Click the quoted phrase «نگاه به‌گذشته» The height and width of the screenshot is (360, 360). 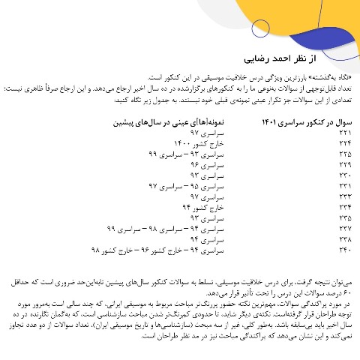(x=333, y=77)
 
